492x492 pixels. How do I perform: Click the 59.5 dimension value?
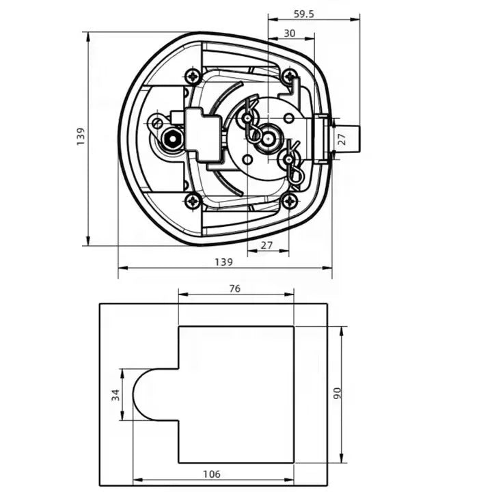tap(303, 14)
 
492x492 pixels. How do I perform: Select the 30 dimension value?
tap(289, 33)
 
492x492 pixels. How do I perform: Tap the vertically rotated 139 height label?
tap(81, 136)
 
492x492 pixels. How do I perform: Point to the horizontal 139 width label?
tap(223, 262)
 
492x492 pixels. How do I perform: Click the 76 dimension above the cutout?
tap(234, 288)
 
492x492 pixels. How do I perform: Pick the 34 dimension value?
tap(115, 395)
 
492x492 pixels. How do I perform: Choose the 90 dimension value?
tap(337, 394)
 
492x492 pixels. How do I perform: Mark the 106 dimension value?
tap(212, 474)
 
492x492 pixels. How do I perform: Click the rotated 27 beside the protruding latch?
tap(342, 139)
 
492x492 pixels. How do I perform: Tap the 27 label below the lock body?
tap(266, 245)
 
